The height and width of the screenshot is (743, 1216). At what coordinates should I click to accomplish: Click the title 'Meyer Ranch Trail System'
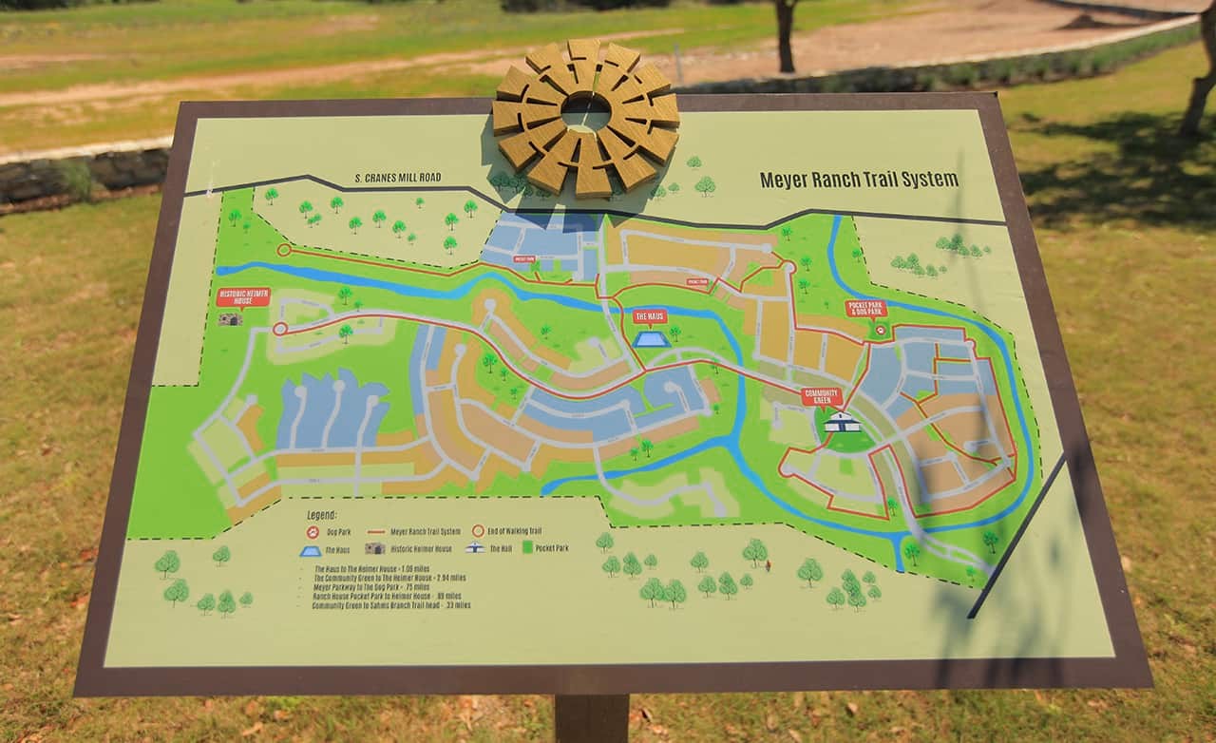click(x=858, y=179)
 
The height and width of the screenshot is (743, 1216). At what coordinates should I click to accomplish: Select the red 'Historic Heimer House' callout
click(x=244, y=296)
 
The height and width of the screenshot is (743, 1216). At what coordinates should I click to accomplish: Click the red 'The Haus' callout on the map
click(x=650, y=316)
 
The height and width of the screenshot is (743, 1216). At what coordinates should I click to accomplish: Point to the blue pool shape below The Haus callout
click(x=650, y=339)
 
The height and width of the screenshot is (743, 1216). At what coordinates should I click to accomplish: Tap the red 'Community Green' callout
click(x=821, y=396)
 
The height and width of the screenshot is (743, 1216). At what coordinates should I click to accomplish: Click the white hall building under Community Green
click(x=842, y=424)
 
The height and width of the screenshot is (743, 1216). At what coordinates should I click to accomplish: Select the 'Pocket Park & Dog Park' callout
click(x=866, y=309)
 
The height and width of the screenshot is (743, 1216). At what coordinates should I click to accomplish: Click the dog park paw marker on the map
click(x=881, y=330)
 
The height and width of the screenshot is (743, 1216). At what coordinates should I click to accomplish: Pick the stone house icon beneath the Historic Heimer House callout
click(x=230, y=319)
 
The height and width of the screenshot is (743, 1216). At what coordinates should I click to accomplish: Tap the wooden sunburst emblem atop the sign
click(x=586, y=115)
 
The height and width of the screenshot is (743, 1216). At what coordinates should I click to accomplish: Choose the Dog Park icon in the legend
click(x=313, y=531)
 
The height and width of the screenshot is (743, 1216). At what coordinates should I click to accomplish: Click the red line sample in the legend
click(x=376, y=532)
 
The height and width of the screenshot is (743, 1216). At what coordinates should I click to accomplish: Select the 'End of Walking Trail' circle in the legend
click(x=479, y=531)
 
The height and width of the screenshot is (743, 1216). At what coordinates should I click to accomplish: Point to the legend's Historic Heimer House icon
click(x=374, y=548)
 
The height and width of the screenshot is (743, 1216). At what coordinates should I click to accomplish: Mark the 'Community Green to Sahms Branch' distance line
click(x=390, y=604)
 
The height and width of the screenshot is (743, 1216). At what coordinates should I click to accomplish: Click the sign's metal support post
click(x=591, y=718)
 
